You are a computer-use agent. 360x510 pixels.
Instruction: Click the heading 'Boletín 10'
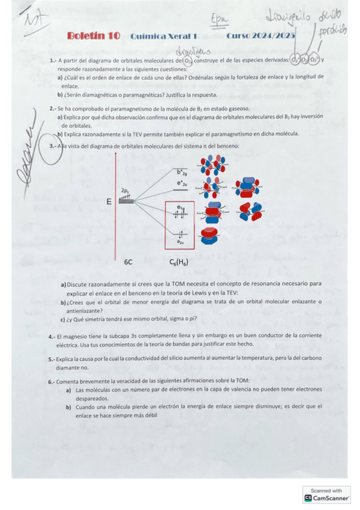93,37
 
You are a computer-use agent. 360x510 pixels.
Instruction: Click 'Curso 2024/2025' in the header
261,37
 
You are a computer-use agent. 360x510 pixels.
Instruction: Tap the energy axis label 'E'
109,202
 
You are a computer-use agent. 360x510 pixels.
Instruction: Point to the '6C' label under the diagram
128,263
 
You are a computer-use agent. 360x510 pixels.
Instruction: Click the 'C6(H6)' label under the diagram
181,263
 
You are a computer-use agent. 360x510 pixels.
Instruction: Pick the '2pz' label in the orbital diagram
125,191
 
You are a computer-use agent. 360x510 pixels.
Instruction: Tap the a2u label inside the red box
180,242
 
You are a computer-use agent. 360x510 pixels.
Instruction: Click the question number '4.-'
52,336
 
